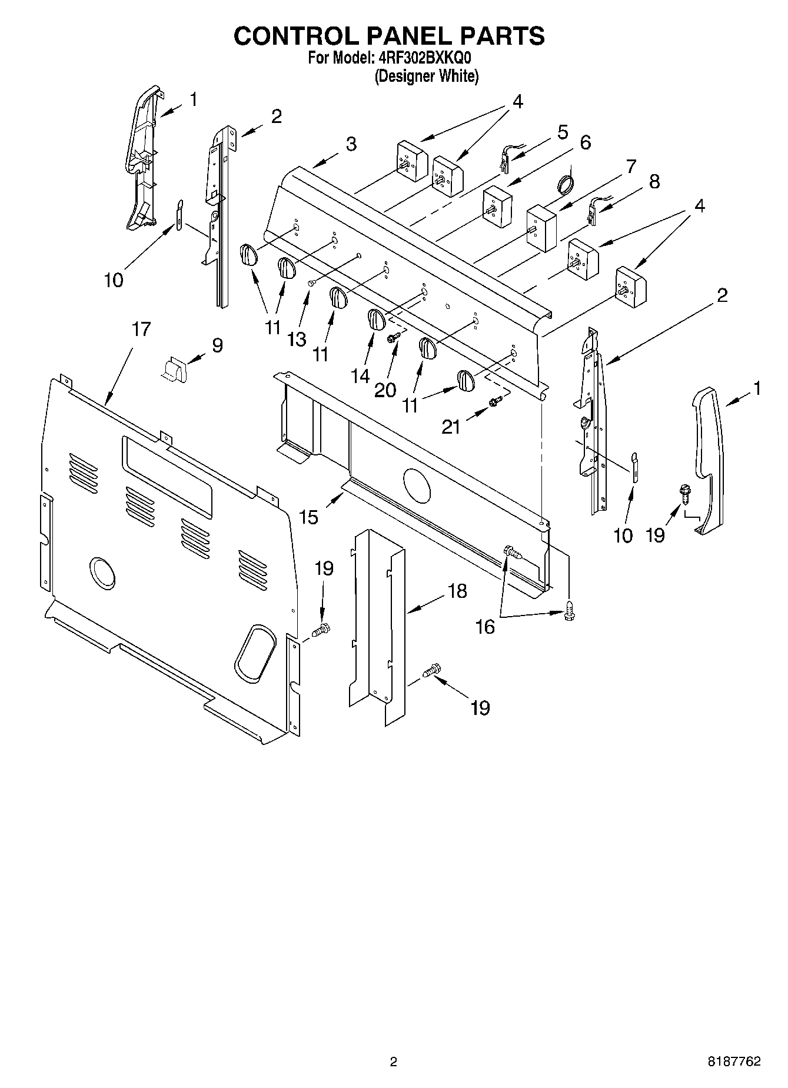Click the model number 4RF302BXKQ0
423,58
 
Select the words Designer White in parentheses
427,76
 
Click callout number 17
141,330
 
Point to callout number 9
217,345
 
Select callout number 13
297,340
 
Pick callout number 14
360,375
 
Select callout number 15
309,517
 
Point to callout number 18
457,591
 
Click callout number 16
485,627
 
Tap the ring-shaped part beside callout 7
566,184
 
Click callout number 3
351,144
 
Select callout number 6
585,143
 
